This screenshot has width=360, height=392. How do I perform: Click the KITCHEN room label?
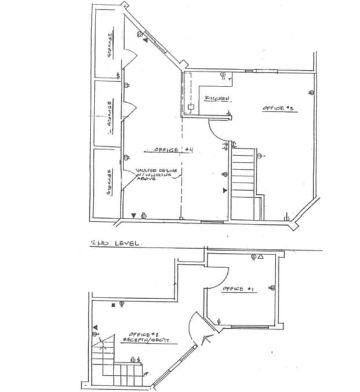click(x=217, y=98)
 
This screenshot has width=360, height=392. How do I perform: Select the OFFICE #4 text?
click(x=172, y=150)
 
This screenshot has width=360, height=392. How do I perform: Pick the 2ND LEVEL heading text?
click(x=115, y=244)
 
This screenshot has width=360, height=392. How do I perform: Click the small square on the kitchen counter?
click(x=190, y=107)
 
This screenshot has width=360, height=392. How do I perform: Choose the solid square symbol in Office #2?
click(x=112, y=304)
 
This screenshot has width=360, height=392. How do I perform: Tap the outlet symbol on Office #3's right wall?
click(x=311, y=93)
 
